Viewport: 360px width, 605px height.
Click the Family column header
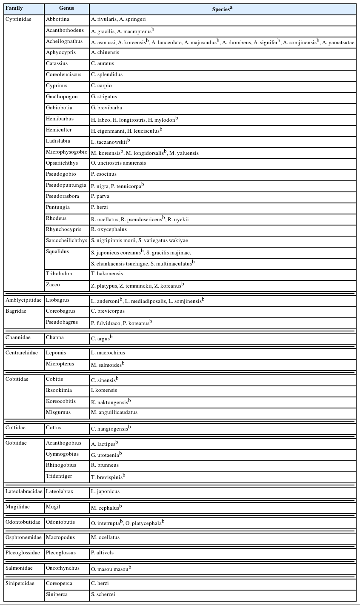click(x=14, y=9)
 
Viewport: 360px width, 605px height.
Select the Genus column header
click(x=67, y=9)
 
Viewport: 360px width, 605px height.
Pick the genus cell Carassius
click(x=57, y=64)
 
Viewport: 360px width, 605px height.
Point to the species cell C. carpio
click(x=101, y=86)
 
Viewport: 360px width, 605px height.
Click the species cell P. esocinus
click(x=104, y=174)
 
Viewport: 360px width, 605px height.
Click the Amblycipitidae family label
click(x=24, y=300)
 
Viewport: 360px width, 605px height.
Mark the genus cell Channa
click(x=55, y=338)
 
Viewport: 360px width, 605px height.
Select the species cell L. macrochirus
click(x=108, y=353)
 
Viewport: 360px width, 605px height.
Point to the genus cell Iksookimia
click(x=59, y=391)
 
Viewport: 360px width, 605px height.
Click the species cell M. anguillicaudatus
click(x=114, y=413)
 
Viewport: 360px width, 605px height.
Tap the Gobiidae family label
click(x=16, y=443)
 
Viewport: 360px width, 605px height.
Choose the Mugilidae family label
click(x=17, y=507)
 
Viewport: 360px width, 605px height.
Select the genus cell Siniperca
click(x=57, y=595)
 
